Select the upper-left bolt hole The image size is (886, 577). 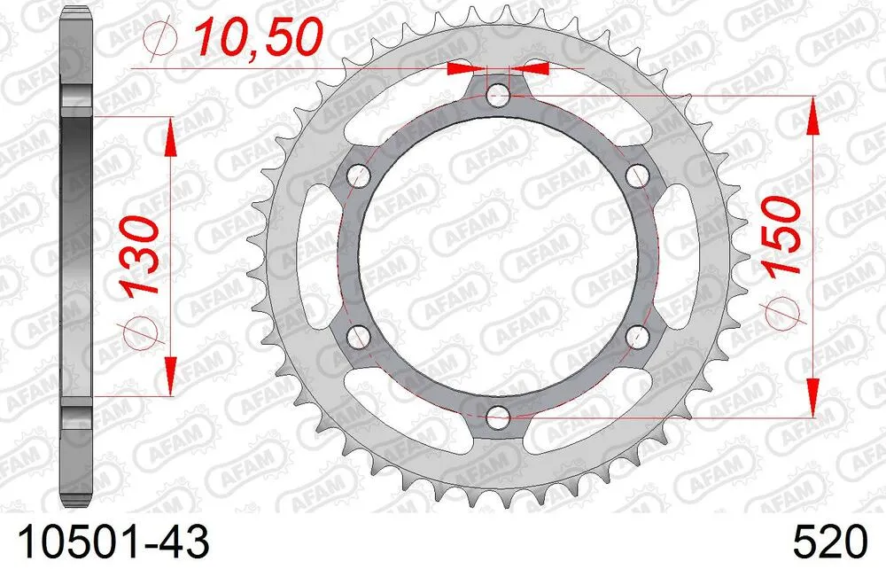(360, 175)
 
